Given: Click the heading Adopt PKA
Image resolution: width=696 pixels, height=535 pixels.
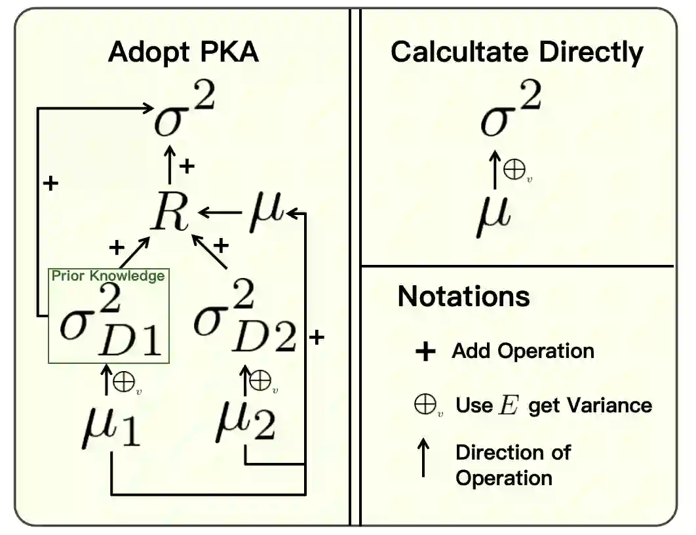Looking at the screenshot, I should point(184,52).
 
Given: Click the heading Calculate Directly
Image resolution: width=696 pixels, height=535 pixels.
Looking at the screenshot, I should point(516,52).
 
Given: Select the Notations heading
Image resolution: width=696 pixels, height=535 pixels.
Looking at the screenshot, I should point(463,296).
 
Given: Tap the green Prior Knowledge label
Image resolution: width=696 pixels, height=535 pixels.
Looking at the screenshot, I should point(108,276).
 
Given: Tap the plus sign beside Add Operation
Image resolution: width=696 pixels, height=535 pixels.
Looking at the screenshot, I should point(425,352).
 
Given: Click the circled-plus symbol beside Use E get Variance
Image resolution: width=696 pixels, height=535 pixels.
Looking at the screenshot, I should point(425,405).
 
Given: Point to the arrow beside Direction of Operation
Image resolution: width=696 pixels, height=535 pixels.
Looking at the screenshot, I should point(424,458).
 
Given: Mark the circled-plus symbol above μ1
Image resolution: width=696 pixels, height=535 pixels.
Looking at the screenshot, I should point(124,383).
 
